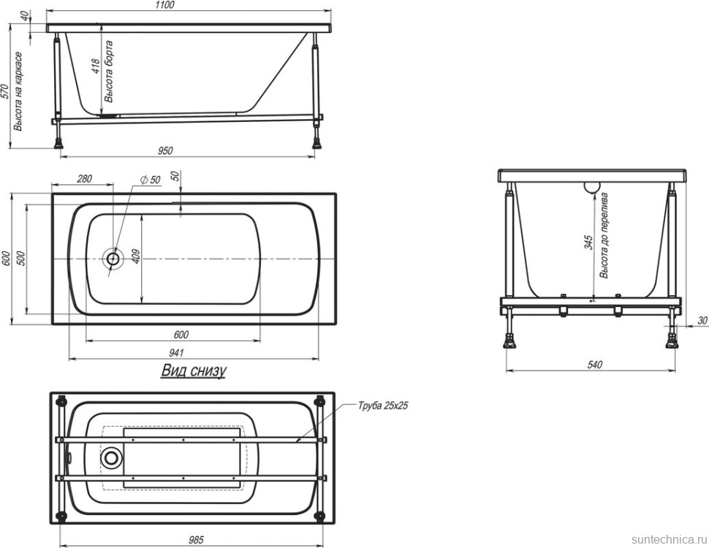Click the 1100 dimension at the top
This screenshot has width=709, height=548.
(x=164, y=5)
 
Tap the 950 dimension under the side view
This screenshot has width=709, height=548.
(x=165, y=150)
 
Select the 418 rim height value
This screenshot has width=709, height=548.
(x=96, y=67)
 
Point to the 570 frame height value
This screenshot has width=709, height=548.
(x=5, y=92)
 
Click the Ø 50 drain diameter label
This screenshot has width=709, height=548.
(x=151, y=180)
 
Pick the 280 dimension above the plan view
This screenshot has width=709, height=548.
(x=85, y=178)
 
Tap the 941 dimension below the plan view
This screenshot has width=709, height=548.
(x=176, y=352)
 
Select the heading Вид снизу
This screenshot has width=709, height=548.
(x=194, y=370)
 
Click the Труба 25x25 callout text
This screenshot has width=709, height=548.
(x=383, y=406)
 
